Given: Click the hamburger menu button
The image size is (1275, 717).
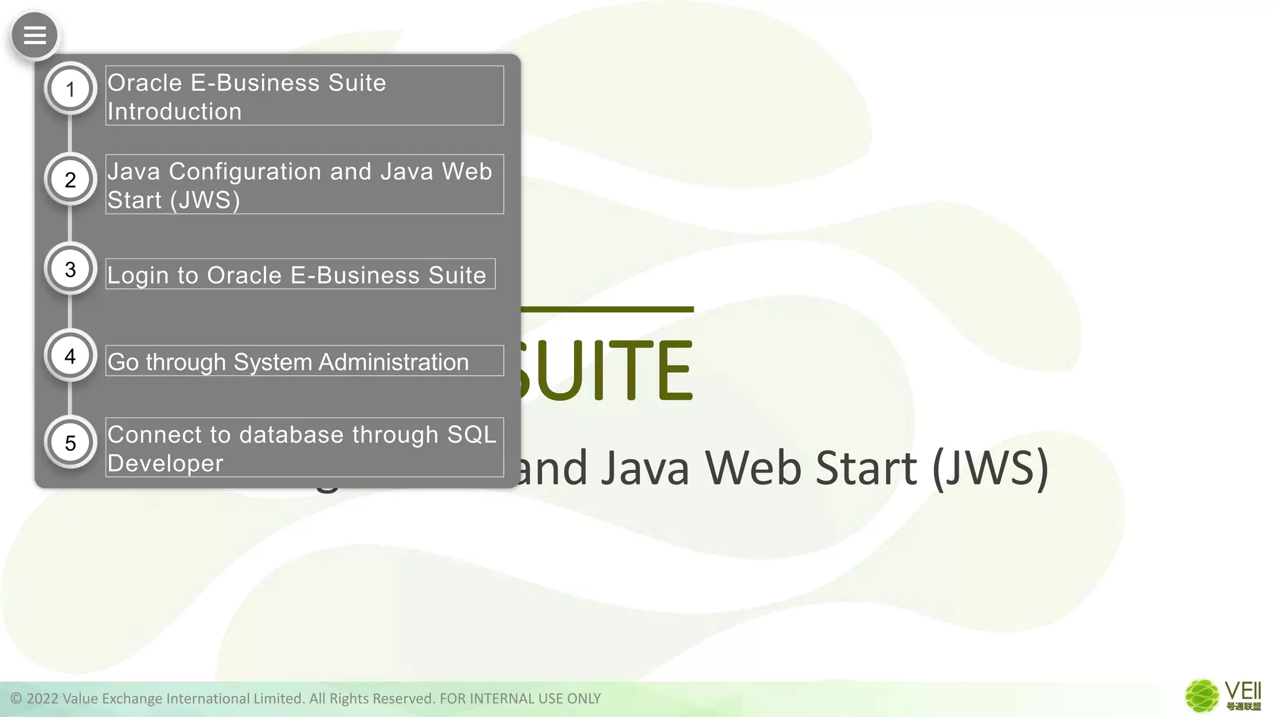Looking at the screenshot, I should pyautogui.click(x=35, y=35).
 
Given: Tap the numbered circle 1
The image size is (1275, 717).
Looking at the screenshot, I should pyautogui.click(x=70, y=89).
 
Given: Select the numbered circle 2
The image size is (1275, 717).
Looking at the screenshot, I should pyautogui.click(x=70, y=179).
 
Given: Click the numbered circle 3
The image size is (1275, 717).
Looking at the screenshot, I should pyautogui.click(x=70, y=269).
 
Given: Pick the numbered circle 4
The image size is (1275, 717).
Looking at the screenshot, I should pyautogui.click(x=70, y=356).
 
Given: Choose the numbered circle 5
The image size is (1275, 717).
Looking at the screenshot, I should pyautogui.click(x=70, y=443).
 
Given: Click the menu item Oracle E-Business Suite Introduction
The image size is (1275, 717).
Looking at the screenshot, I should pyautogui.click(x=304, y=96).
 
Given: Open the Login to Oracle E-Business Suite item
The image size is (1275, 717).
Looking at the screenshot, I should pyautogui.click(x=300, y=274).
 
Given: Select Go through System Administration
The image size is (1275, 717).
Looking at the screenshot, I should pyautogui.click(x=304, y=361).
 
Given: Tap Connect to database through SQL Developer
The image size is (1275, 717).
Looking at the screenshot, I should pyautogui.click(x=304, y=448).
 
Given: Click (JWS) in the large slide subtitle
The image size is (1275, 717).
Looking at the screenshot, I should pyautogui.click(x=990, y=468).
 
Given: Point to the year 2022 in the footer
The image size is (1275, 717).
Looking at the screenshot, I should pyautogui.click(x=42, y=699).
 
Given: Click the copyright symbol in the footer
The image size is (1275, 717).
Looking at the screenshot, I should pyautogui.click(x=16, y=699).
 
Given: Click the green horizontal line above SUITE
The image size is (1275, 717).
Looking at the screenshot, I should pyautogui.click(x=607, y=309).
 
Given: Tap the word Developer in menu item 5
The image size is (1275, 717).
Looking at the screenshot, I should pyautogui.click(x=165, y=464).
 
